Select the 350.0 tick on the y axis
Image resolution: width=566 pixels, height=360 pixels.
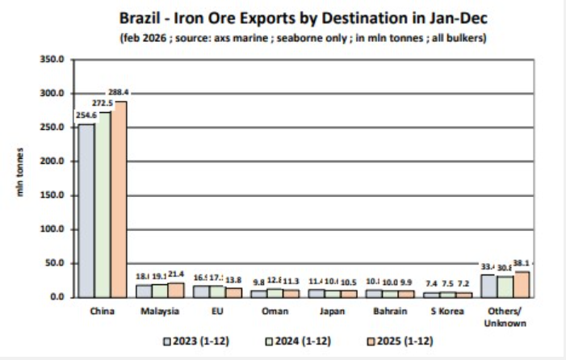click(51, 60)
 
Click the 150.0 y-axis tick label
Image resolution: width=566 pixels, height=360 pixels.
click(51, 195)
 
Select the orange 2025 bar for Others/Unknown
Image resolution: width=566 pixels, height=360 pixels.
click(522, 284)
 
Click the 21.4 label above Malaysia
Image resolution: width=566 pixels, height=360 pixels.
click(176, 275)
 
